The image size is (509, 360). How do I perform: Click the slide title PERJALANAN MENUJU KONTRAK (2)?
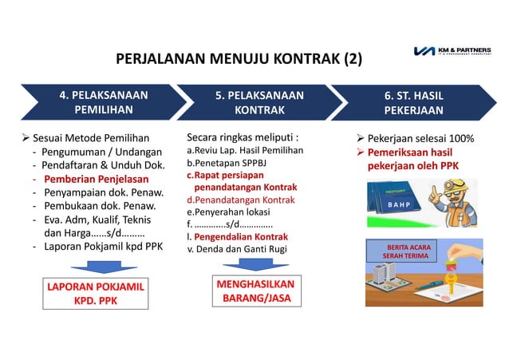click(239, 59)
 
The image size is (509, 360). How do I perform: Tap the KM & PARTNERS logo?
click(457, 52)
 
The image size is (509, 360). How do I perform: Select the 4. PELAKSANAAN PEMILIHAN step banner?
click(104, 102)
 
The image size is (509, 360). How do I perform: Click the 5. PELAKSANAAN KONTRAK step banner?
click(259, 102)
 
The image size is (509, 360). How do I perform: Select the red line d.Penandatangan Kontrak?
click(239, 200)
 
